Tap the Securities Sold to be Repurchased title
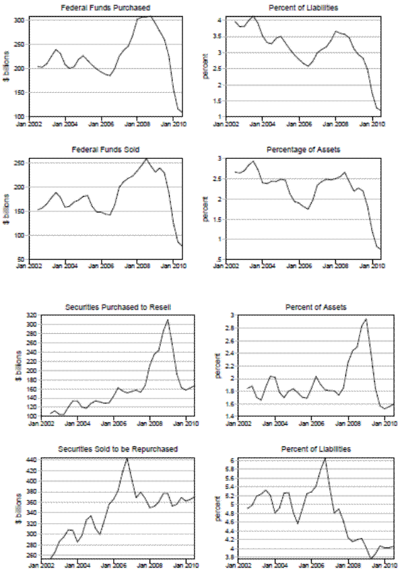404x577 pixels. (119, 449)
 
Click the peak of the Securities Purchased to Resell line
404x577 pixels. (168, 320)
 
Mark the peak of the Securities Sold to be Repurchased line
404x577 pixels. (127, 459)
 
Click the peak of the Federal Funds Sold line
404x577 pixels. (147, 159)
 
